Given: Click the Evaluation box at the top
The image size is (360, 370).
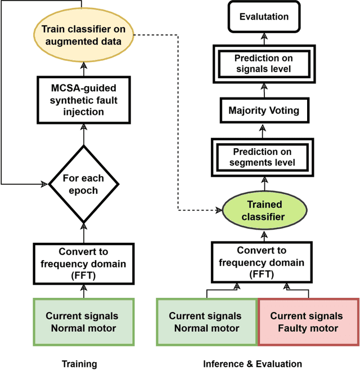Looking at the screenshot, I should [x=263, y=16].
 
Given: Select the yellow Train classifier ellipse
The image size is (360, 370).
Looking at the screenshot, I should [x=84, y=34].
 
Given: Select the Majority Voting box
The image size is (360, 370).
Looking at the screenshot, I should [x=263, y=110].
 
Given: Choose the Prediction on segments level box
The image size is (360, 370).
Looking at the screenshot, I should [x=263, y=157].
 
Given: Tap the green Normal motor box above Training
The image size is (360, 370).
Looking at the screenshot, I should [x=84, y=322].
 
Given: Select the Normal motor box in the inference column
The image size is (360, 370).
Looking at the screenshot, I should [x=205, y=322].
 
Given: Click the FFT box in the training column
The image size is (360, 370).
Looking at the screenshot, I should [x=84, y=263].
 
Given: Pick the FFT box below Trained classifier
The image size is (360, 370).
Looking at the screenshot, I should [x=262, y=262].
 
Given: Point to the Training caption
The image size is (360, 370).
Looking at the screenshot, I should [x=79, y=364].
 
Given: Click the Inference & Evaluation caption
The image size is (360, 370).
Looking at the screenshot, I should [x=253, y=364].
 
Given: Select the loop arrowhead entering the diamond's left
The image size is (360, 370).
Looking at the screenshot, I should [x=45, y=183].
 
